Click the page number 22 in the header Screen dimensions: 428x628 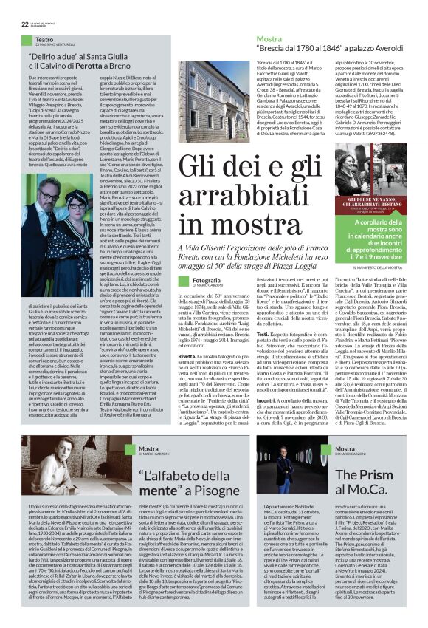click(x=15, y=7)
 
